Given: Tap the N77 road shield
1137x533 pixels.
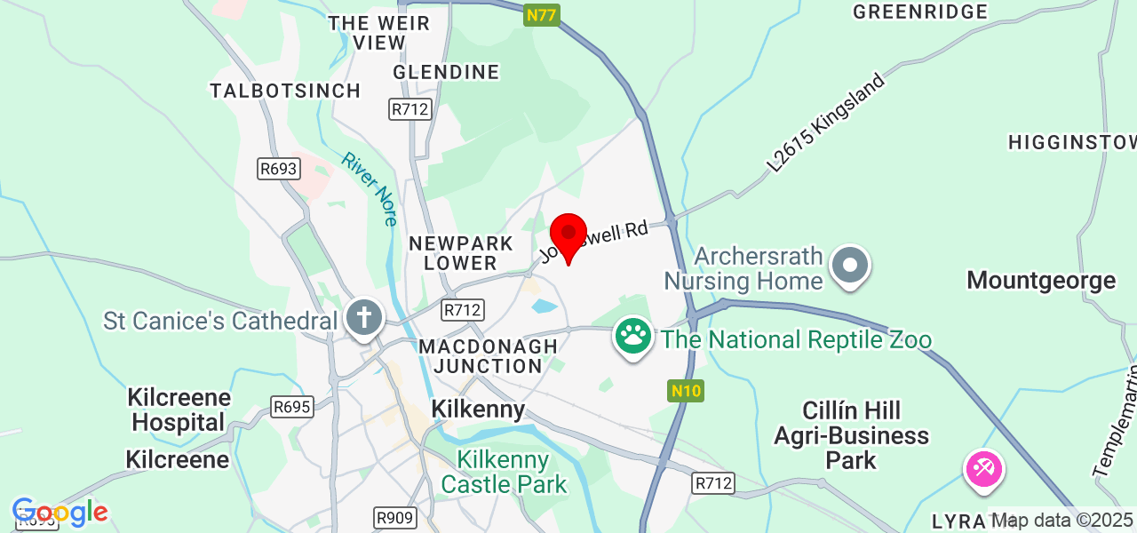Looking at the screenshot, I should click(542, 14).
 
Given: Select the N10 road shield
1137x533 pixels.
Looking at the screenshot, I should click(686, 390).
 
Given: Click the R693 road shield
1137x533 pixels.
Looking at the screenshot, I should click(279, 169).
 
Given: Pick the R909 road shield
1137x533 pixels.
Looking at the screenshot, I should click(394, 518).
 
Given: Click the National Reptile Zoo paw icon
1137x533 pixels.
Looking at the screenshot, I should click(632, 338).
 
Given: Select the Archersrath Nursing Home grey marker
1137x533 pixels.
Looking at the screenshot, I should click(850, 265).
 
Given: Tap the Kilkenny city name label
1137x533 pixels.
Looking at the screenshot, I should click(478, 410).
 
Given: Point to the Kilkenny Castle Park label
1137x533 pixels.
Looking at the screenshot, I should click(504, 473).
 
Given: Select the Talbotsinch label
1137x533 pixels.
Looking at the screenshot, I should click(285, 91).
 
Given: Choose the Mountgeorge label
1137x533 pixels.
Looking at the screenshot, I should click(1041, 281).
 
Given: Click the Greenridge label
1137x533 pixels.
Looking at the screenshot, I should click(920, 12).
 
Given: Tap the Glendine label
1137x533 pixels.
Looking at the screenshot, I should click(446, 71).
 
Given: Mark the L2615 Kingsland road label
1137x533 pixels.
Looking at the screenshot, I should click(826, 123).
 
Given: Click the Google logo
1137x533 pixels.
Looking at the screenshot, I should click(60, 513).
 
